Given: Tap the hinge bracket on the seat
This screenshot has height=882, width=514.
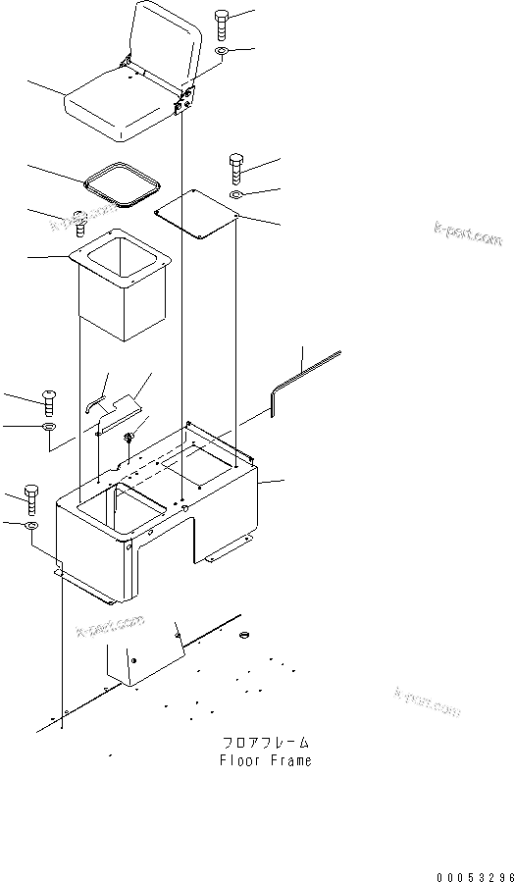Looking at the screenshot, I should pos(184,98).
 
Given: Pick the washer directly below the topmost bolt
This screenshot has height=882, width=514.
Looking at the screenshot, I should pos(222,51).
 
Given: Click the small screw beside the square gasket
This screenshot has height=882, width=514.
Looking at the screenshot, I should pos(82,227).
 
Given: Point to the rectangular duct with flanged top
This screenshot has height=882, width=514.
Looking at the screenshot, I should pos(122,285).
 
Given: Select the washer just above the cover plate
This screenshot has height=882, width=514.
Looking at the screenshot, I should pos(236,195).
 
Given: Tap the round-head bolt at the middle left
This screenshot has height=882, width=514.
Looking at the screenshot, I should pos(49,400).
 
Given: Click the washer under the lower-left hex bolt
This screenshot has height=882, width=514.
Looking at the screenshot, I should pos(32,528).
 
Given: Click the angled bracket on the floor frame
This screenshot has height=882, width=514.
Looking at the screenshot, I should pos(147,659).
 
